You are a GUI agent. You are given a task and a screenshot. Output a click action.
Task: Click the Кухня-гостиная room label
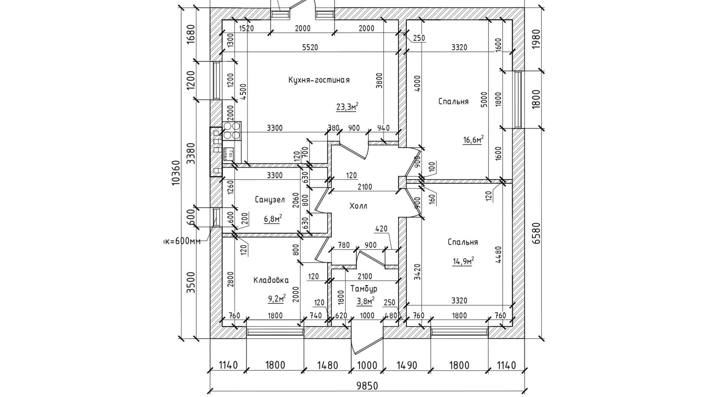[x=319, y=80]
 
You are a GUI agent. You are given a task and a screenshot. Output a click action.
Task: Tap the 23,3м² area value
[x=347, y=107]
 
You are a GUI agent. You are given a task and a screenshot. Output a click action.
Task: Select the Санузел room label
[x=270, y=200]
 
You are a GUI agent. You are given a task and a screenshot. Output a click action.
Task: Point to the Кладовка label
[x=271, y=280]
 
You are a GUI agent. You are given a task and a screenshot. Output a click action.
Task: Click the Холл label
[x=358, y=206]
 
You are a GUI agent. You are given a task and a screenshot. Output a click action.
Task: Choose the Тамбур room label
[x=364, y=288]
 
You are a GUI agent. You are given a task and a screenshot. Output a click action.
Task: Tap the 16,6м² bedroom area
[x=473, y=140]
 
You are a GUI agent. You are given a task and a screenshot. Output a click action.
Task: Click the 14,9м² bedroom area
[x=463, y=261]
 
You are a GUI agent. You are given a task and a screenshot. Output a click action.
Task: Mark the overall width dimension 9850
[x=367, y=386]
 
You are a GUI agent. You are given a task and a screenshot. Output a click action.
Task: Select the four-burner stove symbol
[x=232, y=131]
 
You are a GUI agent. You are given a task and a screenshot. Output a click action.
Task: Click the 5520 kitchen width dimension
[x=310, y=47]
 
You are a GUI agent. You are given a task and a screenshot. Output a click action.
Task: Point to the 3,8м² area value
[x=365, y=301]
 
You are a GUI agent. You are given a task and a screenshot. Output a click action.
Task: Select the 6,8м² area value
[x=273, y=218]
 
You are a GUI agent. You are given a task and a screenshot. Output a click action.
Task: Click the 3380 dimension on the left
[x=190, y=153]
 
